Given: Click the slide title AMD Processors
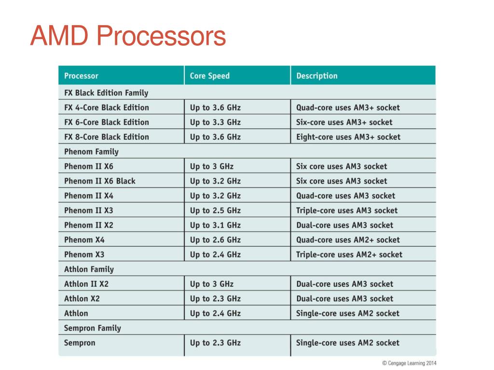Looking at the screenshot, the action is point(128,37).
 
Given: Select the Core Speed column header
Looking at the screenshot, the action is point(210,76).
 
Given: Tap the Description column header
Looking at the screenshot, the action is point(317,76).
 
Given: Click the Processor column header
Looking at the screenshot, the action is point(81,76).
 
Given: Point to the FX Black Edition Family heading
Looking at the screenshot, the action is point(106,92).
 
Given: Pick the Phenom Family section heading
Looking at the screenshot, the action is point(91,151).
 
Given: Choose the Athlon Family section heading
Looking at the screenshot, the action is point(89,269).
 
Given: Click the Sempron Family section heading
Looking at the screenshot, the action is point(93,328).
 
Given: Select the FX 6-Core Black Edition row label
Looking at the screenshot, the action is point(107,122).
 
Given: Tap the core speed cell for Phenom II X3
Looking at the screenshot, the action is point(215,210).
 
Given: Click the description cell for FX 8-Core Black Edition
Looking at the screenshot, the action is point(348,137).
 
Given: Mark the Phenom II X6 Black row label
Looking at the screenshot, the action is point(100,181).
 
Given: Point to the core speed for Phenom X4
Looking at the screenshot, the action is point(215,239).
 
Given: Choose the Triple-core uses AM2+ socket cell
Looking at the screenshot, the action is point(349,254).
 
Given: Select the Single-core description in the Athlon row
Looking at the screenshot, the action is point(348,313).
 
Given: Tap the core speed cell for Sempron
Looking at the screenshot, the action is point(215,343).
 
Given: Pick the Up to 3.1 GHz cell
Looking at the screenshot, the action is point(215,225).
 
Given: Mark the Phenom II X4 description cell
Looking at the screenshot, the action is point(345,196).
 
